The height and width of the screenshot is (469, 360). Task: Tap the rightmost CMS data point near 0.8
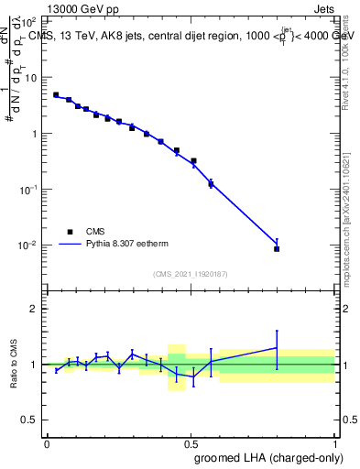277,248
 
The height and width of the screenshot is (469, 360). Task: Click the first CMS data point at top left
56,94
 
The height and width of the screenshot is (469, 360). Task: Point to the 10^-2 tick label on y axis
27,245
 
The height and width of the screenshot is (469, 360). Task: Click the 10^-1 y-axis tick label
27,190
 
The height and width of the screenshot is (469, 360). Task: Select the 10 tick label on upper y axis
30,78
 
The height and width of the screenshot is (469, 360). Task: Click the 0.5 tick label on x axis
191,442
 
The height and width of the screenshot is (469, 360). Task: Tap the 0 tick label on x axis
48,442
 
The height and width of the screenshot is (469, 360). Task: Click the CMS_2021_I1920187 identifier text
191,274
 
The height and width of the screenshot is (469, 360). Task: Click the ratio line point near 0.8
277,347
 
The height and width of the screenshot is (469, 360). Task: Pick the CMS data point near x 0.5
193,161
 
